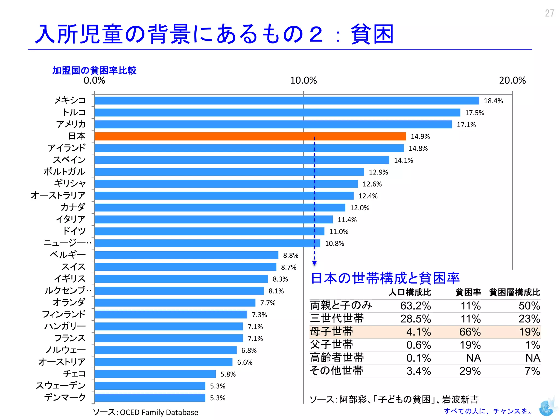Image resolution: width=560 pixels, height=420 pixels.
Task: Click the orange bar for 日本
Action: point(250,136)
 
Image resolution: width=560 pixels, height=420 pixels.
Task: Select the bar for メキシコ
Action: point(286,101)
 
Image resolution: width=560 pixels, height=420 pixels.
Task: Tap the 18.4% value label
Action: point(493,101)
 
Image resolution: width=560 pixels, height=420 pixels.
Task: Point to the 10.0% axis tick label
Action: point(303,80)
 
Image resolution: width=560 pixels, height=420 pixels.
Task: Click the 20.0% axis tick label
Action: point(512,80)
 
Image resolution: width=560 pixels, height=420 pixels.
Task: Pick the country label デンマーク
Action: point(65,397)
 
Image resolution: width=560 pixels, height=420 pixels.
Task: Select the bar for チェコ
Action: point(155,374)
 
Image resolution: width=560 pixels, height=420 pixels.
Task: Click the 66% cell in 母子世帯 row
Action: point(470,332)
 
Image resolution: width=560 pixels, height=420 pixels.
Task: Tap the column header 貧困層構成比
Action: point(514,292)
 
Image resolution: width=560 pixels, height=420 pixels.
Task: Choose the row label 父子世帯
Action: point(331,345)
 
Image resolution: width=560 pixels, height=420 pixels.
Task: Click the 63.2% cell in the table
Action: point(415,306)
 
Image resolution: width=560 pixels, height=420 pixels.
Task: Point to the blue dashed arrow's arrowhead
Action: point(314,263)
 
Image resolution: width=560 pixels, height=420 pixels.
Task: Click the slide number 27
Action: point(549,13)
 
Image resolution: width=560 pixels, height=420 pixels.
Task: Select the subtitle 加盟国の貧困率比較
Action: point(94,71)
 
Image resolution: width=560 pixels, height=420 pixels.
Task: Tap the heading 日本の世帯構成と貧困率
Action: point(385,278)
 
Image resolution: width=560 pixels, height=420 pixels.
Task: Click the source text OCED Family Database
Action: point(159,412)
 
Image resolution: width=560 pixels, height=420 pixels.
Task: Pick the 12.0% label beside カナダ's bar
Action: point(360,208)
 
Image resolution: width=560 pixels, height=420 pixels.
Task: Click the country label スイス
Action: point(73,267)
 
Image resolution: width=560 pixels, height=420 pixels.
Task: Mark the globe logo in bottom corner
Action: point(546,408)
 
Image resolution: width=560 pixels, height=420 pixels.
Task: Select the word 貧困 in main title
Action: point(372,34)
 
